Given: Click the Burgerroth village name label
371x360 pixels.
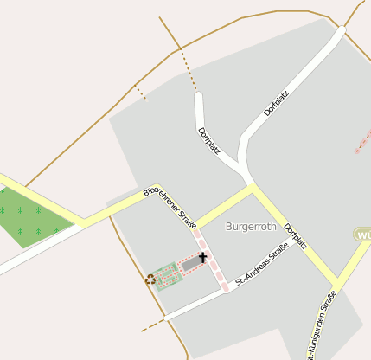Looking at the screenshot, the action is tap(250, 226).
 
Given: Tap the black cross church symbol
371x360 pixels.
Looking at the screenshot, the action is tap(203, 257).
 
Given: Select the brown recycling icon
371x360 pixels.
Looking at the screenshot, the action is tap(150, 279).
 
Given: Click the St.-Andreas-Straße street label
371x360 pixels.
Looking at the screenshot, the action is tap(261, 266).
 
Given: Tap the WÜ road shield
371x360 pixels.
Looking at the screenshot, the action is tap(363, 235).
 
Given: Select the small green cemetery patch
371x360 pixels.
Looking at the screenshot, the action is tap(167, 276).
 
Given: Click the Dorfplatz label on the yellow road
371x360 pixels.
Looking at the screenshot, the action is tap(297, 232).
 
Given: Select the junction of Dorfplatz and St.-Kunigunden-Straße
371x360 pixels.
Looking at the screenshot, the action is tap(336, 284).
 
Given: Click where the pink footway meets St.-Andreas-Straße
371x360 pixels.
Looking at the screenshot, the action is tap(227, 288).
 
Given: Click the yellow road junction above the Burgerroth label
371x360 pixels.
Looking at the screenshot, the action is tap(253, 187).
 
